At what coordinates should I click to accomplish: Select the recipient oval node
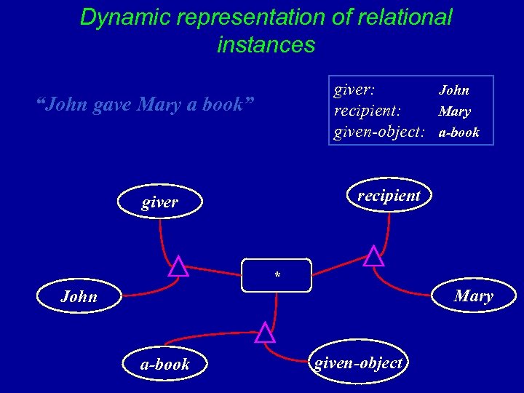point(389,195)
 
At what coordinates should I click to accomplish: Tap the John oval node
point(79,296)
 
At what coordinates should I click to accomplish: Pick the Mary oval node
point(473,295)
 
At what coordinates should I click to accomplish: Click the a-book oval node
point(164,364)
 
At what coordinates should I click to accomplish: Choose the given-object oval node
point(357,362)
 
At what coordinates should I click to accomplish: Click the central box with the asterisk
point(277,275)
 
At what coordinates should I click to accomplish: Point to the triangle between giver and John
point(178,267)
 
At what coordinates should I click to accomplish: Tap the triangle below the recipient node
point(373,256)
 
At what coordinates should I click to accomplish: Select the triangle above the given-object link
point(265,333)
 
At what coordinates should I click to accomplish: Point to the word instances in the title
point(266,45)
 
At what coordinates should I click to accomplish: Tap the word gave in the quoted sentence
point(110,104)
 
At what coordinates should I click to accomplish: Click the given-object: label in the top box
point(378,132)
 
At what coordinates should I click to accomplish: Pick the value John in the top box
point(453,90)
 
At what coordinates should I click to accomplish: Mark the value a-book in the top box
point(458,132)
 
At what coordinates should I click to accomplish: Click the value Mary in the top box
point(454,111)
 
